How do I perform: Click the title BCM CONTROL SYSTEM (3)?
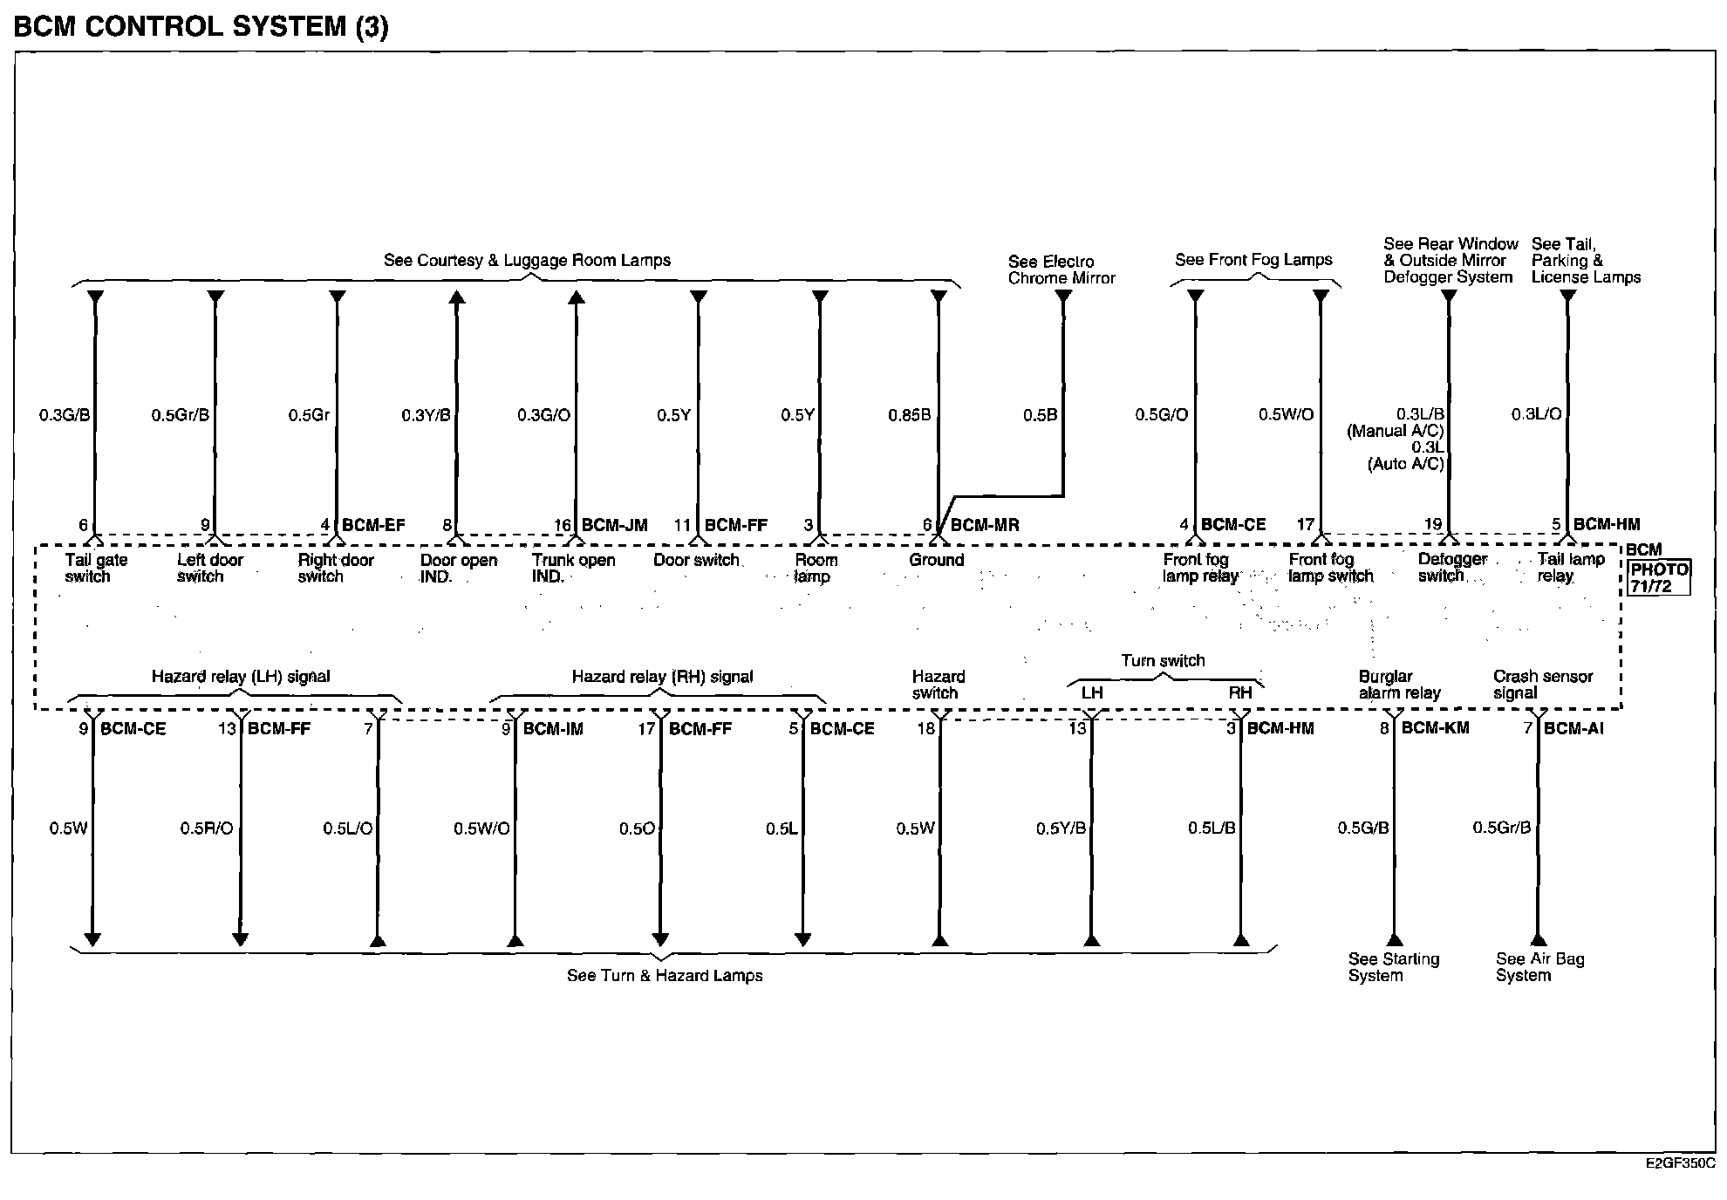tap(201, 27)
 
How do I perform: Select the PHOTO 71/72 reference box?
tap(1659, 578)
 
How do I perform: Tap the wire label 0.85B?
tap(909, 415)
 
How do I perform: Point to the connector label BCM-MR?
tap(984, 525)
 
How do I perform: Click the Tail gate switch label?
tap(95, 568)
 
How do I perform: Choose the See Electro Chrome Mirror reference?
tap(1061, 269)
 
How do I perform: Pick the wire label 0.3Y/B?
tap(426, 415)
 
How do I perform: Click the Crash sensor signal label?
tap(1542, 685)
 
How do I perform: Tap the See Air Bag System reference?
tap(1539, 967)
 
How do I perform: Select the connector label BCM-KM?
tap(1435, 728)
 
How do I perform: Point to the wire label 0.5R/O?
tap(207, 828)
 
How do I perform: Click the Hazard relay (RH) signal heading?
tap(662, 677)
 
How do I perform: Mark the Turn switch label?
tap(1163, 661)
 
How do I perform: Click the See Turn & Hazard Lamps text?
tap(665, 976)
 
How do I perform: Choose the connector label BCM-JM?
tap(614, 525)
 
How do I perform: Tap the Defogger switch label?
tap(1451, 568)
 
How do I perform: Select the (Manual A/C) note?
tap(1395, 431)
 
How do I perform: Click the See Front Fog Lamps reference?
tap(1253, 260)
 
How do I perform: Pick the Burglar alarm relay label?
tap(1398, 685)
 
